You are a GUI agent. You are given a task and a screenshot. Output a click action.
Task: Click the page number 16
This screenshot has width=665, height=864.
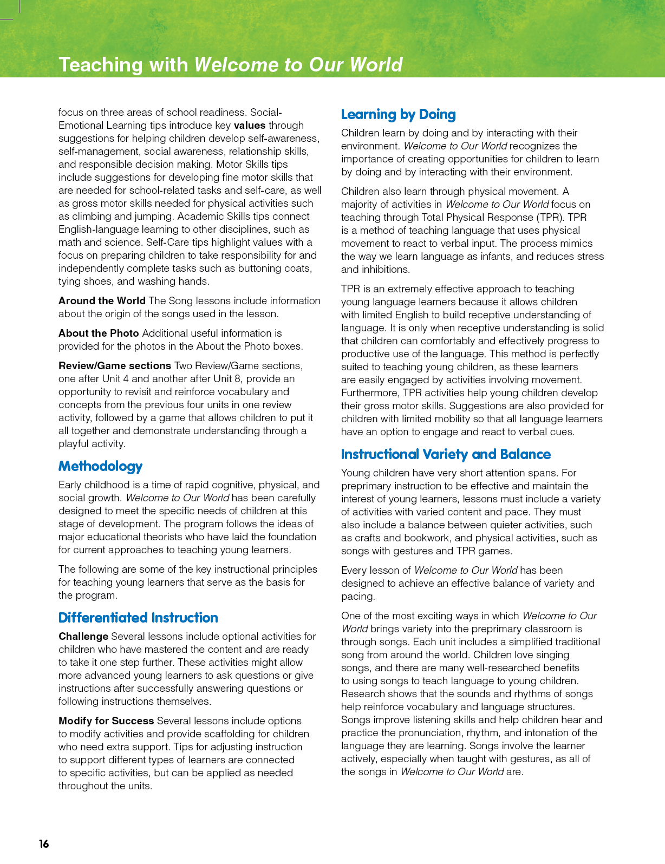(44, 843)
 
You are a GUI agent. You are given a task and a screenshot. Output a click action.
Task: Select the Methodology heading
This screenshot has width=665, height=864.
(100, 467)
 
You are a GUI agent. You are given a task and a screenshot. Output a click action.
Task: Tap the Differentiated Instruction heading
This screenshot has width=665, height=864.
(138, 618)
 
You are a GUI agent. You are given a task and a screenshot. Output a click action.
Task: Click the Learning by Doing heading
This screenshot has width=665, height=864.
(398, 115)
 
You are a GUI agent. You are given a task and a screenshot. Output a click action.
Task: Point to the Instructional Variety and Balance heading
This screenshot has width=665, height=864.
(446, 454)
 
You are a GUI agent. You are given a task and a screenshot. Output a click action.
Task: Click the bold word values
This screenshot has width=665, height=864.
(250, 126)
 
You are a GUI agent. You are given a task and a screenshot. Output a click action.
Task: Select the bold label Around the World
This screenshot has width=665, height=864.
(102, 301)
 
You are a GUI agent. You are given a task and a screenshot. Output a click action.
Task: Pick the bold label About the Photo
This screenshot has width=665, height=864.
(99, 333)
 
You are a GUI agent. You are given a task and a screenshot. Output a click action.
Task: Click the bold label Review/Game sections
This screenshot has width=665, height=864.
(115, 366)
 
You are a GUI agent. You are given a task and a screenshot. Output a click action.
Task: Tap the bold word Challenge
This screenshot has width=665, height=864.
(83, 637)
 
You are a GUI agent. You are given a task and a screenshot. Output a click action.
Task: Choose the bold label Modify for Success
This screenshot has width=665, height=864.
(106, 721)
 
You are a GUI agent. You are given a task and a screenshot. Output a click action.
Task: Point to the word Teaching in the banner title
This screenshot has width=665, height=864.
(101, 65)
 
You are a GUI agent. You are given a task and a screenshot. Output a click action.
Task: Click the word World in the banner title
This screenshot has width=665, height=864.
(376, 65)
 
